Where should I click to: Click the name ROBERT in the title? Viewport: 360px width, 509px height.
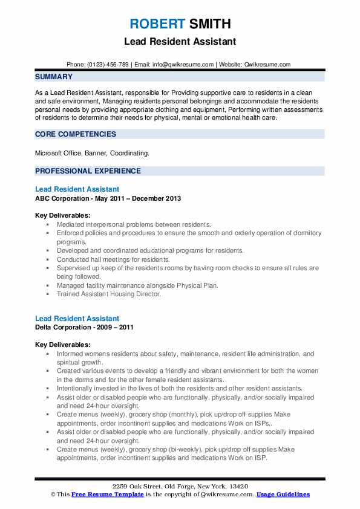point(155,24)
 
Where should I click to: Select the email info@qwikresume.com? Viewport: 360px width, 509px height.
point(184,65)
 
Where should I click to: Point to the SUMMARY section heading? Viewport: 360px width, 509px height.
point(54,77)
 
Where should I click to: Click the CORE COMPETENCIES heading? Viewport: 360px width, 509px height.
point(76,134)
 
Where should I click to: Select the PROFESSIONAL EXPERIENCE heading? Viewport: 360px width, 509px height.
point(88,171)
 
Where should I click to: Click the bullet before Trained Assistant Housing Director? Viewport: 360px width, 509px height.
point(48,294)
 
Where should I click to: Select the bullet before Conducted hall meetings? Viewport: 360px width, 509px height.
point(48,259)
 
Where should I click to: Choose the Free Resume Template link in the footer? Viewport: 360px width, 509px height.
point(102,494)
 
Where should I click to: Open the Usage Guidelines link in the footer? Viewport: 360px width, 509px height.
point(283,494)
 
